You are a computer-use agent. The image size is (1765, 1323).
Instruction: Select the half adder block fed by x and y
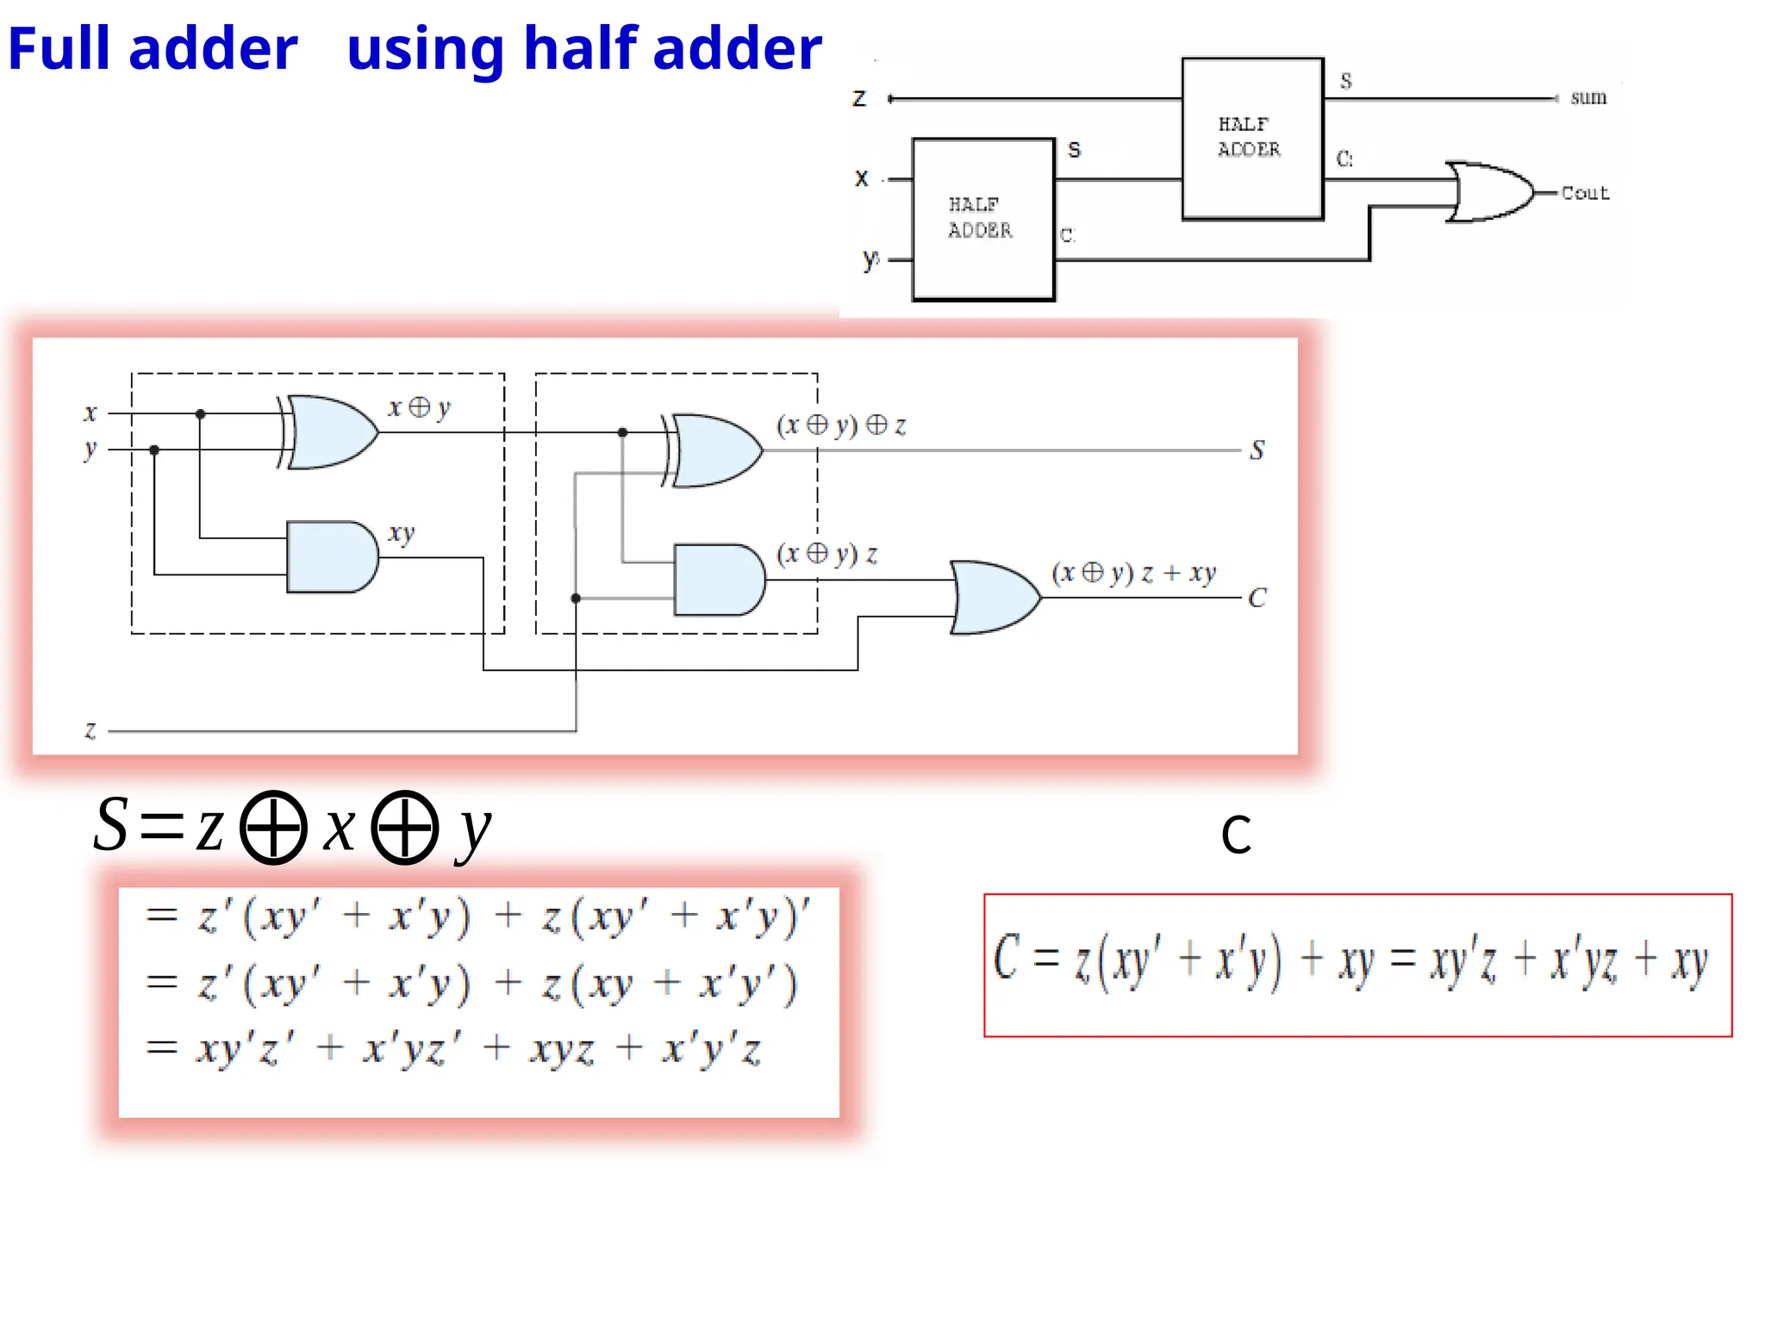click(x=982, y=219)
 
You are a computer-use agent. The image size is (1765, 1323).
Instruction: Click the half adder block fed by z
click(x=1251, y=138)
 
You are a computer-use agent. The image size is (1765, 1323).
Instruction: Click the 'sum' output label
click(x=1587, y=97)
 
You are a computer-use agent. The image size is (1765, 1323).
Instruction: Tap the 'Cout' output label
click(x=1585, y=193)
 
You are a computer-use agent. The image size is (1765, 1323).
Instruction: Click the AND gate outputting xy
click(x=332, y=557)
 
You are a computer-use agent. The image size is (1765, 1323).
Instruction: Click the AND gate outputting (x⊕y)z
click(x=719, y=580)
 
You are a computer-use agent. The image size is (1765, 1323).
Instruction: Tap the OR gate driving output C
click(x=995, y=598)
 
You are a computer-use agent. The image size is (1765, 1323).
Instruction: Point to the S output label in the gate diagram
click(x=1257, y=450)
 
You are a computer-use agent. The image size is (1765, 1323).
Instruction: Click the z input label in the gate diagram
click(x=90, y=730)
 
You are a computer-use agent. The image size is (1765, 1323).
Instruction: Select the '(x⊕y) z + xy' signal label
click(x=1132, y=573)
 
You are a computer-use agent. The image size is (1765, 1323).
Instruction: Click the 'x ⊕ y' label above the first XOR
click(x=419, y=407)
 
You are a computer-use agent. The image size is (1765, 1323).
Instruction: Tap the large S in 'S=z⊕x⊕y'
click(x=112, y=825)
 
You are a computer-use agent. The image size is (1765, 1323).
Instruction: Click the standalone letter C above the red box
click(x=1236, y=834)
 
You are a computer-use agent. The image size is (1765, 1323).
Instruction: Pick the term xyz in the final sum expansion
click(x=562, y=1050)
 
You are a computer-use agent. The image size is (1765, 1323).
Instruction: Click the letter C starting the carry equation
click(x=1007, y=957)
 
